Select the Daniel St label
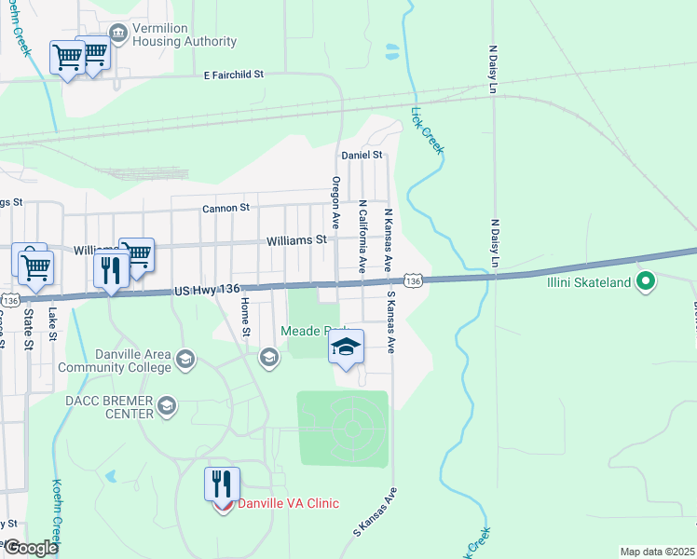pos(362,155)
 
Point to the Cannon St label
pos(226,209)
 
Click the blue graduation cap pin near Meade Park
pos(346,348)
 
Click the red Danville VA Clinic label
pos(288,504)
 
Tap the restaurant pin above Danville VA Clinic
pos(222,484)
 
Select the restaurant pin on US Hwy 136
pos(111,271)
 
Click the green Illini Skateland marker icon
pos(646,280)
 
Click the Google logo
pos(31,548)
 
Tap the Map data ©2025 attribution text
pos(657,552)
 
